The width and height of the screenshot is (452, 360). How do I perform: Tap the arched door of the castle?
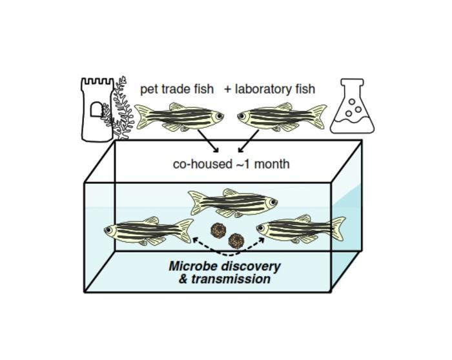pos(96,110)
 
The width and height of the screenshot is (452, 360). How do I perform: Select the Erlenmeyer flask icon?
pos(352,108)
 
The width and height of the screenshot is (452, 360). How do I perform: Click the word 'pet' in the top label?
pos(150,89)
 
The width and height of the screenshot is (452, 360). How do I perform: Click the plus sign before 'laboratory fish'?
pos(228,89)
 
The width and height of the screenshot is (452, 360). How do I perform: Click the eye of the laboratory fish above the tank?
pos(243,117)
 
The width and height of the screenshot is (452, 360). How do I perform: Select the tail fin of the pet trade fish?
pos(143,117)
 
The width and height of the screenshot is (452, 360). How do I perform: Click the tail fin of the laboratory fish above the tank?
pos(318,117)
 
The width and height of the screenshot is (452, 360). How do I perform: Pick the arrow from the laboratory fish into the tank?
pos(248,141)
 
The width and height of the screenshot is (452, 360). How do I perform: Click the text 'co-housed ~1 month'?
pos(231,164)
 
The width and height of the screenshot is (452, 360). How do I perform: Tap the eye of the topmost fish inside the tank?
pos(272,202)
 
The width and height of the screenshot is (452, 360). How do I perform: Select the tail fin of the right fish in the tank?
pos(336,228)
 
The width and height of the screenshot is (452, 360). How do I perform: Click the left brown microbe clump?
pos(218,230)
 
